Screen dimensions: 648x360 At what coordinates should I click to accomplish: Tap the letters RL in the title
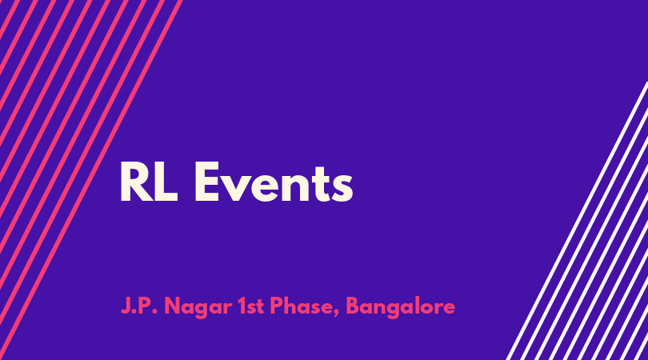(149, 182)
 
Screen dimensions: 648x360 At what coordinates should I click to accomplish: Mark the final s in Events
(342, 187)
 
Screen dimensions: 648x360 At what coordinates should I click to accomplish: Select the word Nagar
(198, 308)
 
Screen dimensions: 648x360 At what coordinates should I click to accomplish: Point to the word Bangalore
(401, 307)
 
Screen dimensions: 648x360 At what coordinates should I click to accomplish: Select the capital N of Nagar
(172, 306)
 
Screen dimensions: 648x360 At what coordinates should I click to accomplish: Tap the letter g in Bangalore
(399, 310)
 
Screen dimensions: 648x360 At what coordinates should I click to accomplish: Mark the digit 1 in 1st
(242, 306)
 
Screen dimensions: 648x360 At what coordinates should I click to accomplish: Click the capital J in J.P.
(126, 306)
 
